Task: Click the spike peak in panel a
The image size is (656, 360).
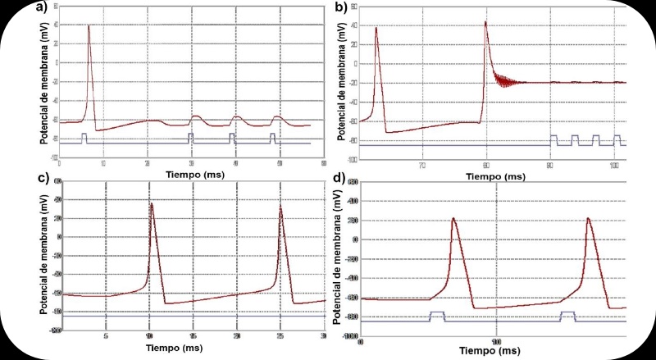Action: pos(89,25)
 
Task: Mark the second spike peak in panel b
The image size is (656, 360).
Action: pos(485,22)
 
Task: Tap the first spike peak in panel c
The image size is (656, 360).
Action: pos(152,203)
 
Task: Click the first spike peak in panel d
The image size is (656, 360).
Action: pos(453,218)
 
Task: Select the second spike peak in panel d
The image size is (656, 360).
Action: pos(588,218)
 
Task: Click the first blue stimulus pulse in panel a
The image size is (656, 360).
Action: pos(84,137)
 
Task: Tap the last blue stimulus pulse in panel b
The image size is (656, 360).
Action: pos(617,139)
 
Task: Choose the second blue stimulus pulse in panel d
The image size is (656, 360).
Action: pos(567,316)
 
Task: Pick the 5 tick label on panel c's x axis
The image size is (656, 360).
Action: pos(106,336)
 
